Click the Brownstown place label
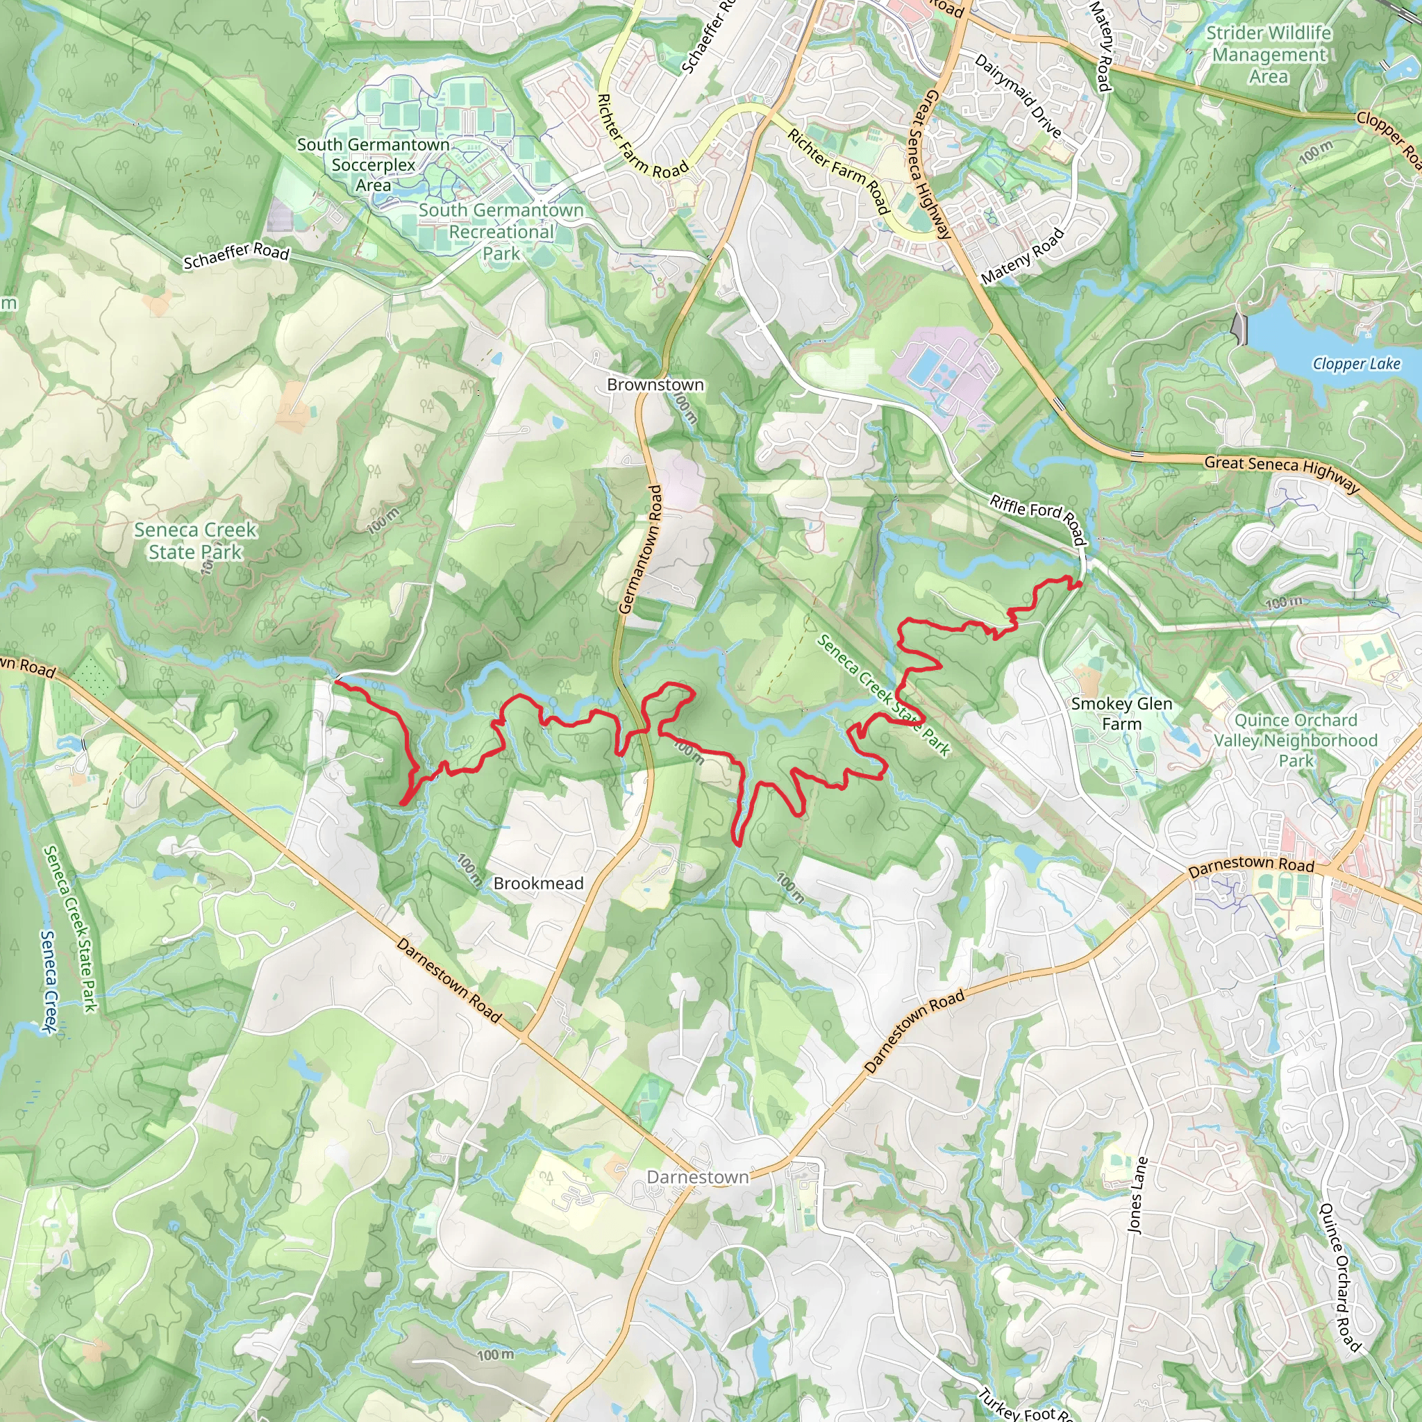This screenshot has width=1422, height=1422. [x=655, y=384]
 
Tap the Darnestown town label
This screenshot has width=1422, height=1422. [x=697, y=1177]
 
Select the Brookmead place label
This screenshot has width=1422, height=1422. [x=538, y=883]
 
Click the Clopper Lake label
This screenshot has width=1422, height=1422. [x=1356, y=364]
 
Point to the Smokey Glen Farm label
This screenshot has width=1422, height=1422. [x=1121, y=713]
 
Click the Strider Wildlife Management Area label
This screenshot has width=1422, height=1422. [x=1268, y=54]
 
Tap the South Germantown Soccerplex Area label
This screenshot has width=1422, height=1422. [x=373, y=165]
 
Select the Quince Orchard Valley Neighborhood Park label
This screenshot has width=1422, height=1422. [x=1296, y=739]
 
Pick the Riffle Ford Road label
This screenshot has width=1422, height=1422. [x=1038, y=519]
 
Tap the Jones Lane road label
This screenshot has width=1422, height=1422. [x=1137, y=1194]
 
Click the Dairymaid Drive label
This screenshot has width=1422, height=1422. [x=1018, y=96]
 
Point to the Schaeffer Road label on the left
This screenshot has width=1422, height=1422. [x=235, y=256]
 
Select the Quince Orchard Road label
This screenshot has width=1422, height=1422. [x=1339, y=1276]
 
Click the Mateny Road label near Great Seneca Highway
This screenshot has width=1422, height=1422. [x=1023, y=256]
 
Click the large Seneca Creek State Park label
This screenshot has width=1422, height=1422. [x=195, y=541]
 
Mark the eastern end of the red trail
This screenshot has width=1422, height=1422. [x=1079, y=585]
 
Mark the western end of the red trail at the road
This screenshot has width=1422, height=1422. [x=336, y=682]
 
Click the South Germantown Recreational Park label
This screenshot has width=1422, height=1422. [x=501, y=231]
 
